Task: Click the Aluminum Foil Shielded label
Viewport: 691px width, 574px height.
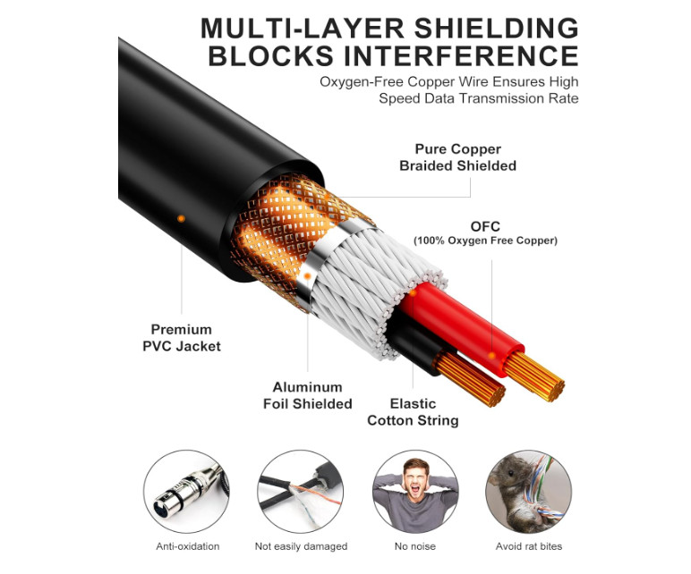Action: point(307,395)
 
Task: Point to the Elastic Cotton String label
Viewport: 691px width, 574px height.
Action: point(413,411)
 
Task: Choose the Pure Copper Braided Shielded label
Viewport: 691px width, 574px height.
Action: point(457,157)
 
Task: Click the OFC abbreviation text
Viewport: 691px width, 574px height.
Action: point(485,226)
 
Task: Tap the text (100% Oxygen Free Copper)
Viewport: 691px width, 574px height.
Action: point(485,241)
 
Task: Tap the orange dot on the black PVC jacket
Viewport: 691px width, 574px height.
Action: point(181,217)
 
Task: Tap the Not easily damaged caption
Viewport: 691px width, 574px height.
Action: point(296,546)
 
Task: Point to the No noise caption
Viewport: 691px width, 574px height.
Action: point(411,546)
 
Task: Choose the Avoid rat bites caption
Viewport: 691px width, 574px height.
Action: point(528,546)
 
